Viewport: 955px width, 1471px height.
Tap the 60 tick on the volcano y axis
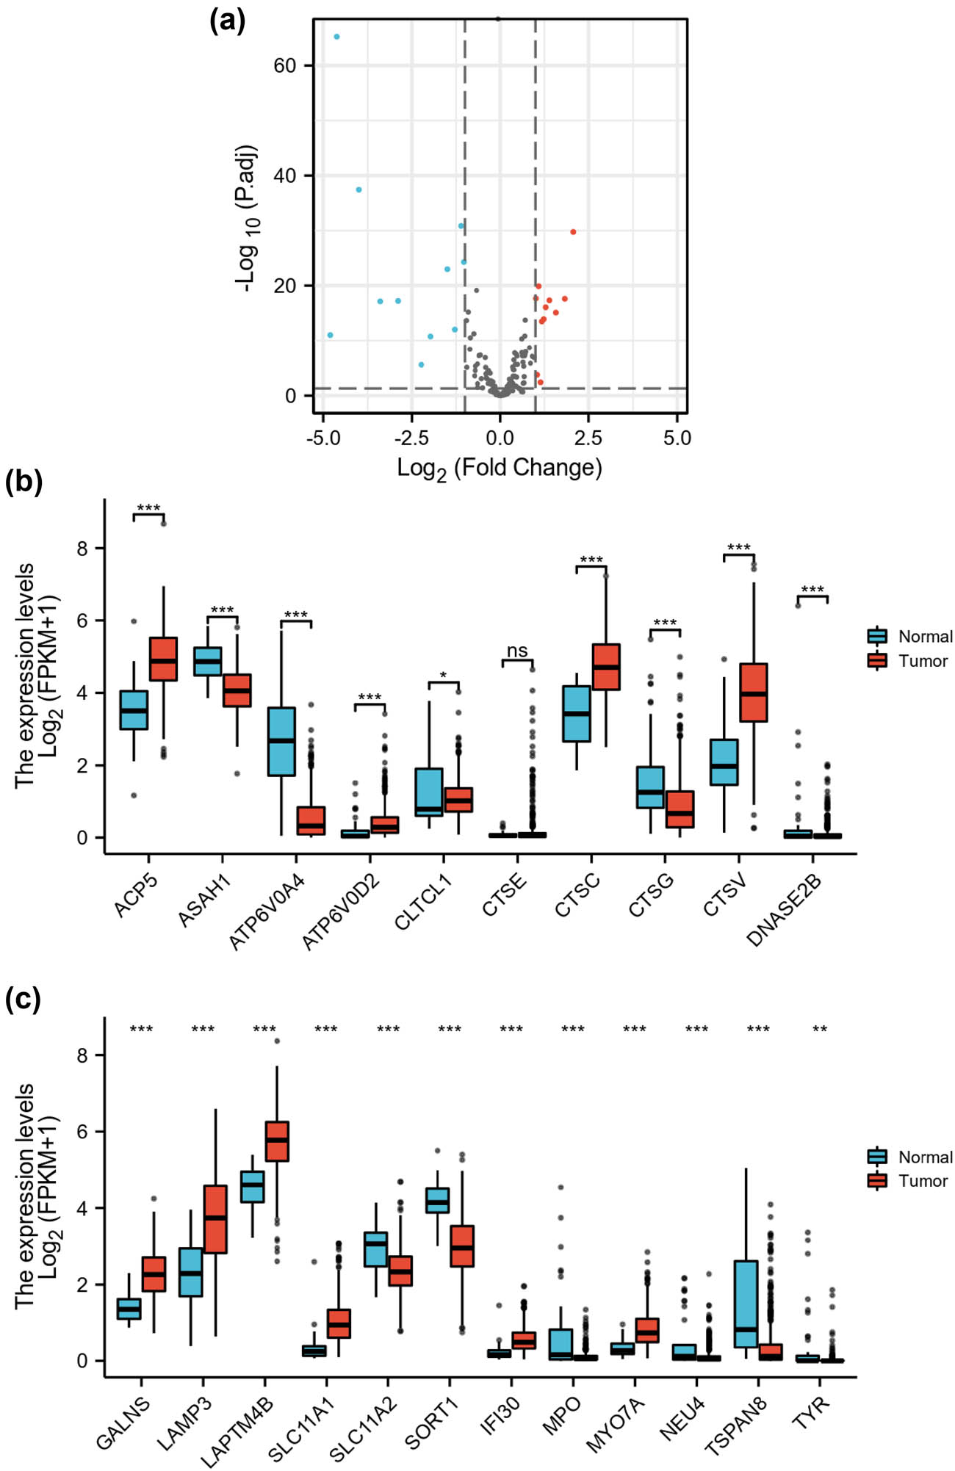tap(284, 65)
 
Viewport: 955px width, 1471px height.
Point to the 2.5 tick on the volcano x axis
tap(588, 438)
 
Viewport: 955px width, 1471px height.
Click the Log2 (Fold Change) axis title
tap(500, 468)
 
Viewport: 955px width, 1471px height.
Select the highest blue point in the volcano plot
tap(336, 37)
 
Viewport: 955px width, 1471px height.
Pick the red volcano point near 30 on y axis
tap(573, 232)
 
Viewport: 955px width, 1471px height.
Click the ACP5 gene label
tap(136, 896)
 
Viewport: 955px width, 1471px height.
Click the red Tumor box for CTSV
tap(753, 693)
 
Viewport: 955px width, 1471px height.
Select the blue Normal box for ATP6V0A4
tap(281, 741)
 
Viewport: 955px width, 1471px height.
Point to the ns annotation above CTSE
tap(517, 651)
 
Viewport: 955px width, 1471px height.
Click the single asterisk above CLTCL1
tap(443, 675)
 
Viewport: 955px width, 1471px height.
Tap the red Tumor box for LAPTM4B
tap(277, 1141)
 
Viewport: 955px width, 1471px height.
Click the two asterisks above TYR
tap(820, 1029)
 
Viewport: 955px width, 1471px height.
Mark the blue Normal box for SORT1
tap(438, 1200)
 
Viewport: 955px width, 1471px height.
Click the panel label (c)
tap(23, 1000)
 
